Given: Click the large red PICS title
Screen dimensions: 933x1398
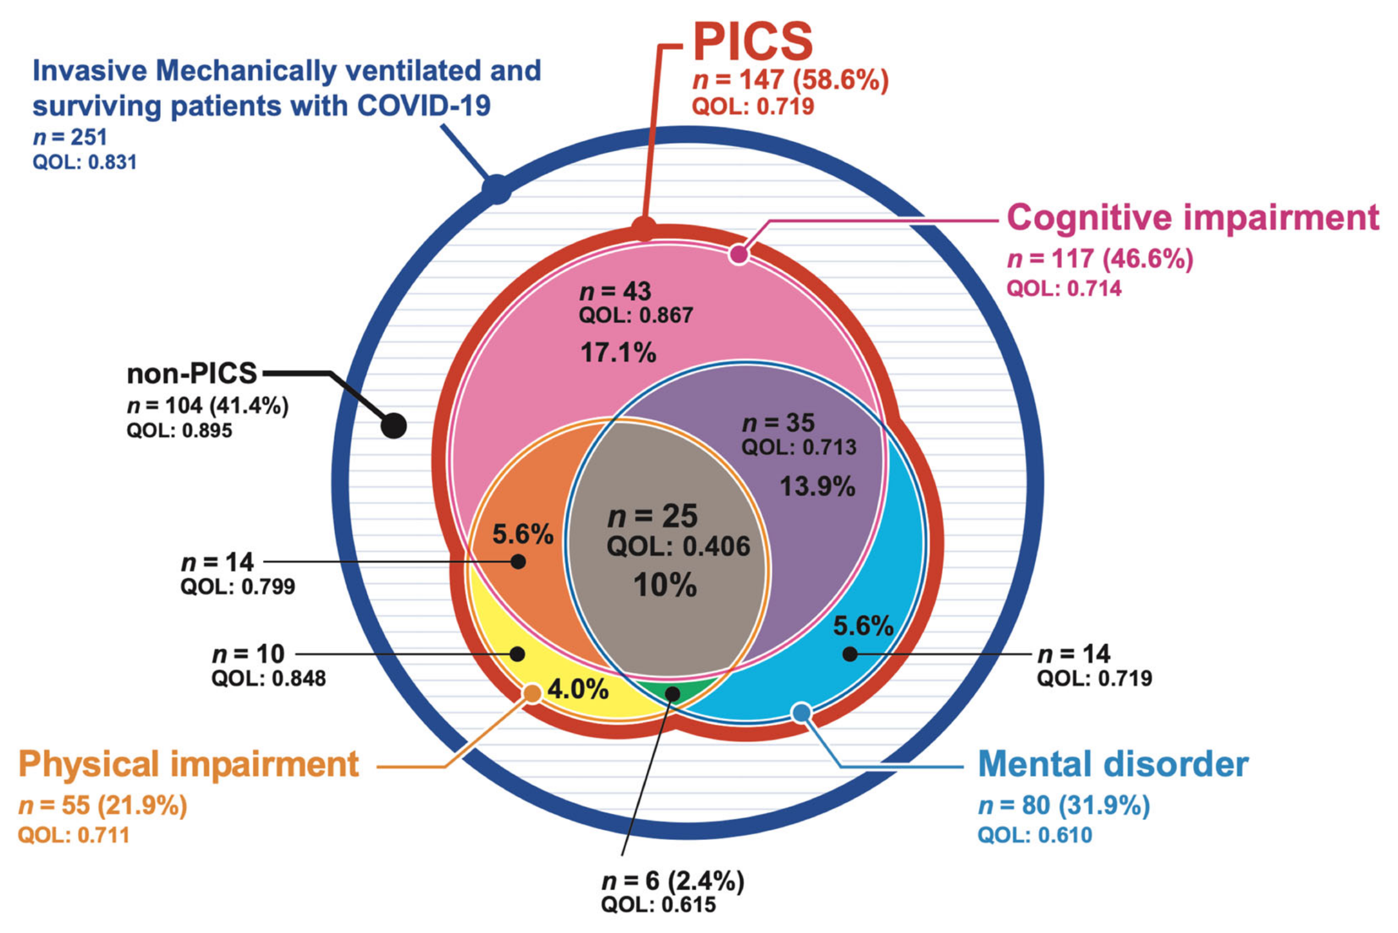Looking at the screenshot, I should click(752, 42).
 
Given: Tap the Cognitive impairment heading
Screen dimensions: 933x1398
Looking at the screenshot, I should click(1192, 217).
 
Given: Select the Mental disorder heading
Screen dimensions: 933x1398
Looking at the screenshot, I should click(1113, 765).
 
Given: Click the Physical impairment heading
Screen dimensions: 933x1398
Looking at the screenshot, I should click(188, 765).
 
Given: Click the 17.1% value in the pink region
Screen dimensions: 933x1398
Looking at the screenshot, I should click(618, 353).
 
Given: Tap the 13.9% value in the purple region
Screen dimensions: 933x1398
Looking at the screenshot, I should click(817, 487).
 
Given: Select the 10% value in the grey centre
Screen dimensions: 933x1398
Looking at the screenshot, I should click(665, 585).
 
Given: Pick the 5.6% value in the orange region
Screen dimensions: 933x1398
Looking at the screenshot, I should click(522, 534).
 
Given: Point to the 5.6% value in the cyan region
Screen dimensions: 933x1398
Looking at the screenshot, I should click(863, 626).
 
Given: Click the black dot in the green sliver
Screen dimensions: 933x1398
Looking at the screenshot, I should click(672, 694).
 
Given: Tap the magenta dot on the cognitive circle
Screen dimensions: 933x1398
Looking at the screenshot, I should click(739, 254).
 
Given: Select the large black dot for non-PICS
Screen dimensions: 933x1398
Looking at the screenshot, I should click(394, 426).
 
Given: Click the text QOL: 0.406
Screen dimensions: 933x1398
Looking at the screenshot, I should click(679, 547).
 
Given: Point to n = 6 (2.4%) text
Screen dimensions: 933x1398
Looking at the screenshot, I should click(672, 881).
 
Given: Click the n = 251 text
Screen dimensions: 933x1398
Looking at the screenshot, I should click(70, 138).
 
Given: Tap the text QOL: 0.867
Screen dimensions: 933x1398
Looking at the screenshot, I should click(635, 316).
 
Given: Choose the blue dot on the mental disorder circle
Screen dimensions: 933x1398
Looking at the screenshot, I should click(802, 712).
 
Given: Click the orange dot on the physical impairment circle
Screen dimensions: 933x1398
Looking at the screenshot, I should click(532, 693).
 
